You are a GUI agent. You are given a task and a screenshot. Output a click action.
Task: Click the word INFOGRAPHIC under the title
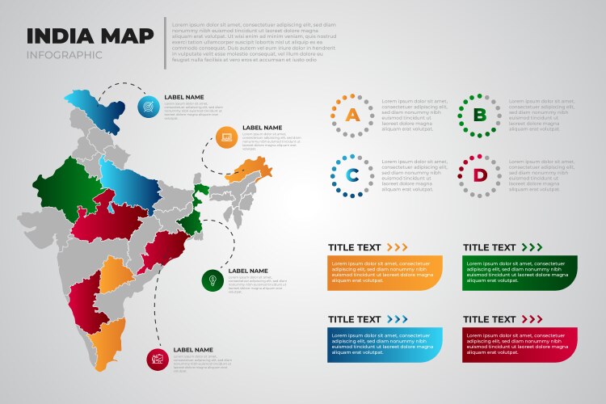(65, 55)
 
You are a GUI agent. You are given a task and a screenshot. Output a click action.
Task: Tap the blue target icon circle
(149, 106)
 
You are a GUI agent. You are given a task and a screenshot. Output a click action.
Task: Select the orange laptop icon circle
(227, 137)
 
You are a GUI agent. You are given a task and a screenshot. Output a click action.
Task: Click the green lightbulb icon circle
(212, 280)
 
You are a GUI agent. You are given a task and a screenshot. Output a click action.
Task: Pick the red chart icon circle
(158, 359)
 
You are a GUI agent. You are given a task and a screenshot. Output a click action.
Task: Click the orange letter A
(351, 115)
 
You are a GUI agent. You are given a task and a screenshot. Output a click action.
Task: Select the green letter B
(480, 115)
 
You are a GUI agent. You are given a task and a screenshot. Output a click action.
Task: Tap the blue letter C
(351, 175)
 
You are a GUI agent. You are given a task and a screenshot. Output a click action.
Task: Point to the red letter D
(480, 175)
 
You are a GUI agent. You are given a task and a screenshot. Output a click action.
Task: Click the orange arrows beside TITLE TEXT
(397, 247)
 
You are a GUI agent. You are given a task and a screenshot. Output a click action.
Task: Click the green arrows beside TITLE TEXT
(532, 247)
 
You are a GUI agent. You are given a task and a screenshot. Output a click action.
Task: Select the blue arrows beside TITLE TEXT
(397, 320)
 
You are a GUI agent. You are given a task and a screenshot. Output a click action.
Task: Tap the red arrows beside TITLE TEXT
(532, 320)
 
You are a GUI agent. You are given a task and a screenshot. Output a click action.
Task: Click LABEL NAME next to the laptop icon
(263, 128)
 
